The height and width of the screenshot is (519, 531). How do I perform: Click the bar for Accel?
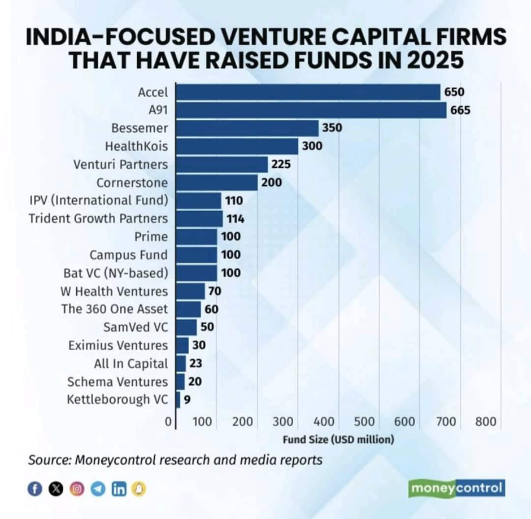(308, 92)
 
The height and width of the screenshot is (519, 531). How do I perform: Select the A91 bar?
(311, 110)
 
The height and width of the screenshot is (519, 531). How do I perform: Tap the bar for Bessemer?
(247, 128)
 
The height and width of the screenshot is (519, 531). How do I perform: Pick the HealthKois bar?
(237, 146)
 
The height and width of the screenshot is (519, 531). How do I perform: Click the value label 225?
(281, 164)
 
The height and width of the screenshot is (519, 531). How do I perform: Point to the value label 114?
(235, 219)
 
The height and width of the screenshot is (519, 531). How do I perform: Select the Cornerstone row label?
(132, 182)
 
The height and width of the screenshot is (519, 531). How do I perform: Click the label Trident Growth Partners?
(98, 219)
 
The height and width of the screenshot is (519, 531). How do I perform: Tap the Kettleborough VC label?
(117, 399)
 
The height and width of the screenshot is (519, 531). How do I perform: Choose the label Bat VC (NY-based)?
(116, 273)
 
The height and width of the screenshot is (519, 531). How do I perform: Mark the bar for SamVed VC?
(186, 327)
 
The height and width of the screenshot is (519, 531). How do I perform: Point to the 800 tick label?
(485, 422)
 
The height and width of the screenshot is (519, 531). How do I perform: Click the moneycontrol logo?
(456, 487)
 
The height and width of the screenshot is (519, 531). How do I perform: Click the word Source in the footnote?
(47, 460)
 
